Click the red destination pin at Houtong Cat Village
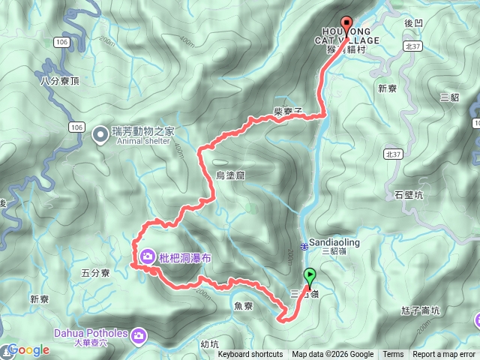(x=346, y=23)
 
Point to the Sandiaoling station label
(x=334, y=243)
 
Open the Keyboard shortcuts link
(x=250, y=355)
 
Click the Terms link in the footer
(x=393, y=355)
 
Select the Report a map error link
(x=444, y=355)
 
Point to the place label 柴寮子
(x=288, y=111)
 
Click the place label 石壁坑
(x=409, y=195)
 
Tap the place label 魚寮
(x=244, y=305)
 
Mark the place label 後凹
(x=415, y=24)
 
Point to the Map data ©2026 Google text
(x=333, y=355)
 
